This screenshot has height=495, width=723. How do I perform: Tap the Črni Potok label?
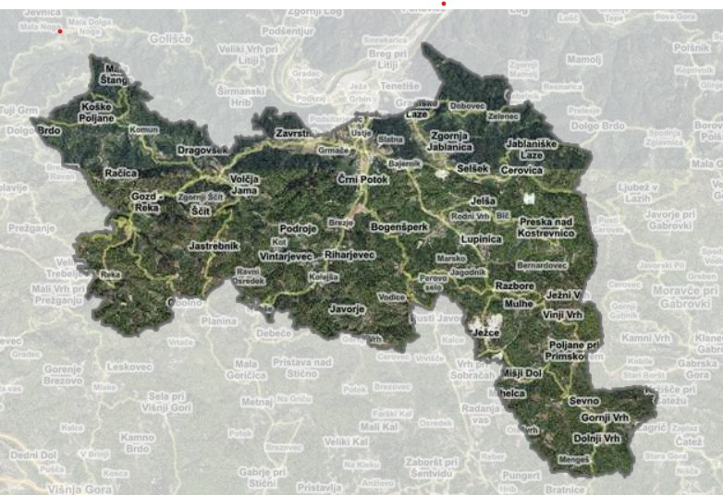[x=362, y=178]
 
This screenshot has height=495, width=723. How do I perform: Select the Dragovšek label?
[x=202, y=150]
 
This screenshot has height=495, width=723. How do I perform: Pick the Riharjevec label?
[x=349, y=254]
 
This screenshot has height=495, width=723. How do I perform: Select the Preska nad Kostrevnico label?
[x=546, y=227]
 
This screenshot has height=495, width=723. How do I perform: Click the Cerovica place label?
[x=522, y=171]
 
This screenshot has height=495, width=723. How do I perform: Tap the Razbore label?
[x=514, y=286]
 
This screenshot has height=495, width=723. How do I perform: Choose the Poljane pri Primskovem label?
[x=571, y=350]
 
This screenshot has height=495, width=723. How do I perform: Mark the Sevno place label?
[x=584, y=401]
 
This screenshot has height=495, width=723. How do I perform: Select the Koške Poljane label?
[x=97, y=113]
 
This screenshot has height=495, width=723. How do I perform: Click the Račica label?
[x=121, y=173]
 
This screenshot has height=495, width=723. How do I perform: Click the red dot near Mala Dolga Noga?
[x=60, y=31]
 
